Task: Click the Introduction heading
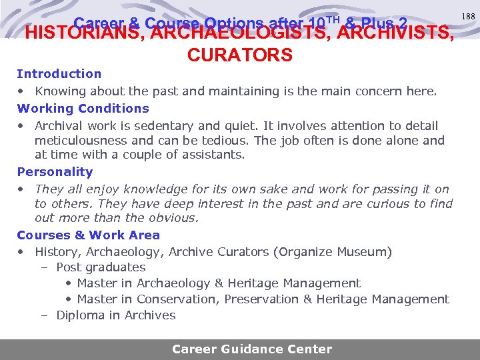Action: [x=59, y=74]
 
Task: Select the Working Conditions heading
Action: [x=83, y=109]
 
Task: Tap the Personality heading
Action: [x=55, y=172]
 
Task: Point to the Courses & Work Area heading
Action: [x=89, y=235]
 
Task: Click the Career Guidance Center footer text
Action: [x=252, y=349]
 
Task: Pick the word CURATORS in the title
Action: [x=240, y=55]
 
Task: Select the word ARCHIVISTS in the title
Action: [x=397, y=32]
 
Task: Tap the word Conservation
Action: [x=178, y=299]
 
